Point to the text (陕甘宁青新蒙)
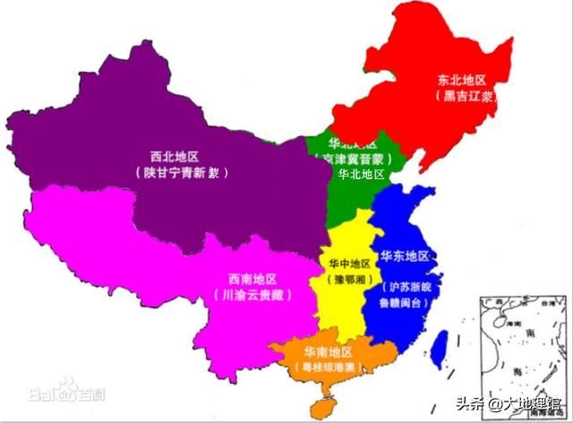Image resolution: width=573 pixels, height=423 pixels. click(180, 172)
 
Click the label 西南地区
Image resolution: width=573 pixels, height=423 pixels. click(252, 278)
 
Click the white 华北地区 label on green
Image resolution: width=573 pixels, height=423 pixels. click(361, 174)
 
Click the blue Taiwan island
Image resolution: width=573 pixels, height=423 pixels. click(439, 350)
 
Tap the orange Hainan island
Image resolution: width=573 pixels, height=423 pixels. click(321, 406)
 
